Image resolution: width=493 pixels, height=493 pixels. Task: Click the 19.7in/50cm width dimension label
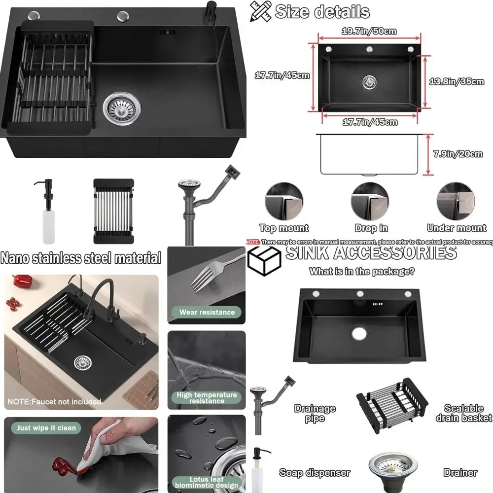click(369, 32)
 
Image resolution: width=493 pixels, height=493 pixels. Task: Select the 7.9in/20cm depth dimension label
click(458, 154)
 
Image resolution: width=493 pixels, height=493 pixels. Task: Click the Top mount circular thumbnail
click(283, 201)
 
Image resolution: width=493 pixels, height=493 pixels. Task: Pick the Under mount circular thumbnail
click(456, 201)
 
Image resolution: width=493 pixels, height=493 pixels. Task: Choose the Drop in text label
click(371, 228)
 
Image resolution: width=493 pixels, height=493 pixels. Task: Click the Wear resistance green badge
click(207, 312)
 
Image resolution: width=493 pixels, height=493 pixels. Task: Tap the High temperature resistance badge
click(207, 398)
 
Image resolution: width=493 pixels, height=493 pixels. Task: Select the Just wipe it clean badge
click(46, 428)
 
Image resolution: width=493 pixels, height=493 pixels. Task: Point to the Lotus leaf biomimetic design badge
click(207, 482)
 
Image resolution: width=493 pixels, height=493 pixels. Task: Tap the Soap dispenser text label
click(315, 472)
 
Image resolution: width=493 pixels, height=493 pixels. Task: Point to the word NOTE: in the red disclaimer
click(253, 242)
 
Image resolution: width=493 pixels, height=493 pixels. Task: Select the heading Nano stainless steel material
click(81, 257)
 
